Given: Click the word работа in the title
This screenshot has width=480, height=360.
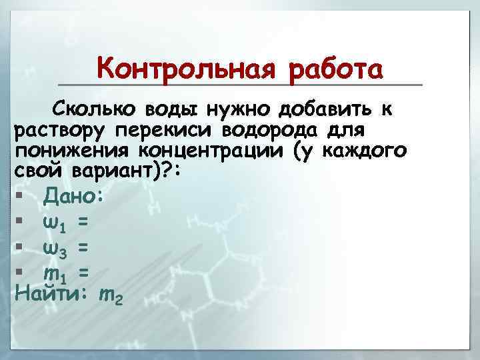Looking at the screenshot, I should coord(337,69).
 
